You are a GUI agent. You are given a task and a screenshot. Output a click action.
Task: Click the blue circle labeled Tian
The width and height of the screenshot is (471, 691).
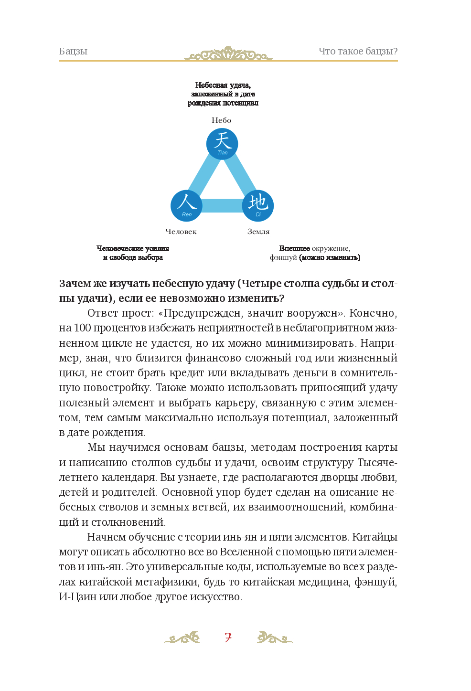tap(222, 144)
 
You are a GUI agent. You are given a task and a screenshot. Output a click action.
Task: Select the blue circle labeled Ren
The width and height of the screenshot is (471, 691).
tap(186, 206)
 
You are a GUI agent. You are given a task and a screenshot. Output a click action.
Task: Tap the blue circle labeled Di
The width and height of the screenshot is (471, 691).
tap(258, 206)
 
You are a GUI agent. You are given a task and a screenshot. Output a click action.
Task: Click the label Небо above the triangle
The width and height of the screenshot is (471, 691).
tap(222, 120)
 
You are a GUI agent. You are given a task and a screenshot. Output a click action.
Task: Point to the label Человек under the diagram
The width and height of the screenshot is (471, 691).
tap(181, 232)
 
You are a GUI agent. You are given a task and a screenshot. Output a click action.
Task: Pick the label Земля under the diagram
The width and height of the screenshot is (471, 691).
tap(258, 232)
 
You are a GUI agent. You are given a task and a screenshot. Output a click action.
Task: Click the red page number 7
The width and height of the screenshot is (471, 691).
tap(228, 638)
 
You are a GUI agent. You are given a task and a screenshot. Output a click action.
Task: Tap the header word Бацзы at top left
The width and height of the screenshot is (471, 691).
tap(73, 52)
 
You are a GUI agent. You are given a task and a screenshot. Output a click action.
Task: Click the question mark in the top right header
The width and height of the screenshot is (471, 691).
tap(396, 52)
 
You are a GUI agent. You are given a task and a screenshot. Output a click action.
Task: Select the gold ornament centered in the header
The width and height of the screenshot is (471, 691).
tap(228, 54)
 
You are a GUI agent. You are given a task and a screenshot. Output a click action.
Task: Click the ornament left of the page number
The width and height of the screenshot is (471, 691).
tap(182, 638)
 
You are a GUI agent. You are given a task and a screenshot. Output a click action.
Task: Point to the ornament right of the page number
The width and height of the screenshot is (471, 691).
tap(274, 638)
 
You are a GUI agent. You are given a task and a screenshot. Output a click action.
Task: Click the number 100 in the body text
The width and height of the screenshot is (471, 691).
tap(82, 328)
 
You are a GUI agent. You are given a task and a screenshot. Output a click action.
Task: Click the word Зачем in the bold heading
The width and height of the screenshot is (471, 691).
tap(75, 284)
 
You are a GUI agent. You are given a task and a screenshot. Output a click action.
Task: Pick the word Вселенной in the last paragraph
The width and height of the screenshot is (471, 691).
tap(246, 552)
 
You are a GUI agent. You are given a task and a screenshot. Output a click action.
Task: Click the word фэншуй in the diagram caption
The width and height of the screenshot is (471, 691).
tap(283, 257)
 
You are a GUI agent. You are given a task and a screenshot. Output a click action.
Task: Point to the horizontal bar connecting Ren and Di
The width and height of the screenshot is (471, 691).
tap(222, 206)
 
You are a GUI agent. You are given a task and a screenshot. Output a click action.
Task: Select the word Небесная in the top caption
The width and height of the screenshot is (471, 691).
tap(211, 85)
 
